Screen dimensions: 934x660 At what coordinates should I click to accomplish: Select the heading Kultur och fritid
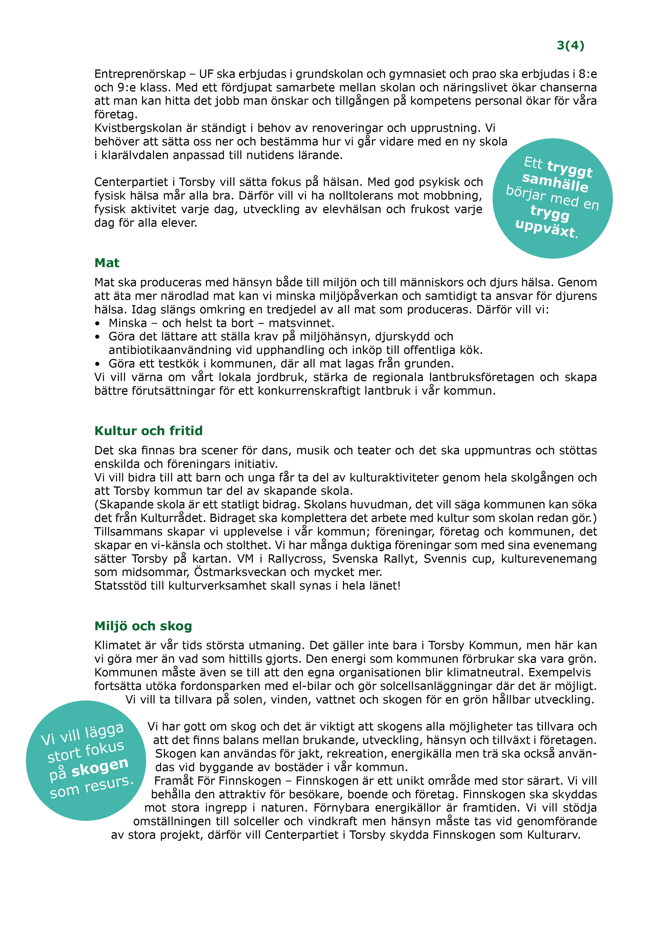[148, 431]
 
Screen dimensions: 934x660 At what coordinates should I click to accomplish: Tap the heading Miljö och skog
[143, 626]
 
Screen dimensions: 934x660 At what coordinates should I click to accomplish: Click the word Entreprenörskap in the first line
[140, 74]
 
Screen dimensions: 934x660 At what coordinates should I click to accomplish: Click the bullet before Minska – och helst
[97, 324]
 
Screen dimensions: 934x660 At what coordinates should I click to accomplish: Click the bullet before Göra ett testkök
[97, 364]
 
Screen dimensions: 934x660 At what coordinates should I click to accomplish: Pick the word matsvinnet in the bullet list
[301, 323]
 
